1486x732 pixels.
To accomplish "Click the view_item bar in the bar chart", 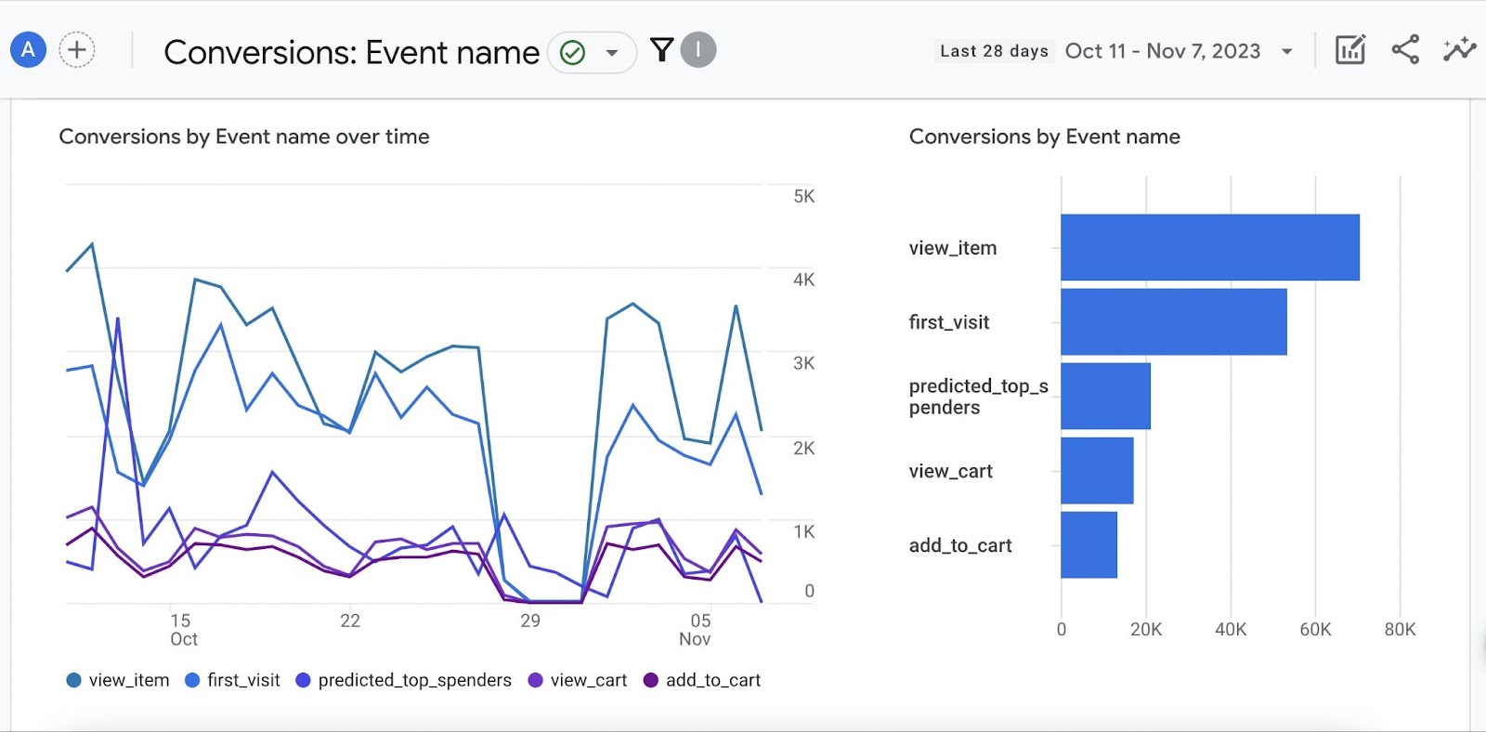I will click(1209, 247).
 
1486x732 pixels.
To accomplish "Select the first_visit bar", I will click(1173, 321).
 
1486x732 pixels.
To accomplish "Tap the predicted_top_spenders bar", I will click(1105, 396).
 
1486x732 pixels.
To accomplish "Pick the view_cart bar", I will click(1097, 470).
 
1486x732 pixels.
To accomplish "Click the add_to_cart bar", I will click(1088, 544).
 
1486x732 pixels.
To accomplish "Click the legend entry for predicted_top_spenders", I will click(404, 680).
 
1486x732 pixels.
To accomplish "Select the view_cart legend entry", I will click(578, 680).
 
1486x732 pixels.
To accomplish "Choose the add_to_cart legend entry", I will click(702, 680).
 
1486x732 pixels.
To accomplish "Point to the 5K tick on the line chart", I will click(803, 196).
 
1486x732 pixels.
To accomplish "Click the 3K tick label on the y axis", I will click(803, 363).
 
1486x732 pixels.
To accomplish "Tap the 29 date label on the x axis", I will click(529, 621).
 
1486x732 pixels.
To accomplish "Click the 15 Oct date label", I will click(182, 629).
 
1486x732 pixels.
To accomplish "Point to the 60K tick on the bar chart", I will click(1315, 629).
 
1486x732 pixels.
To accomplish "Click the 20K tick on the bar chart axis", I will click(1146, 629).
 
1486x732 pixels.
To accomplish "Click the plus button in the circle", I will click(77, 49).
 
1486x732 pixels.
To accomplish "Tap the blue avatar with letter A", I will click(28, 49).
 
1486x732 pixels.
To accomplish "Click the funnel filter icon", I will click(661, 49).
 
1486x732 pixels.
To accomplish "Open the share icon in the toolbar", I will click(1404, 49).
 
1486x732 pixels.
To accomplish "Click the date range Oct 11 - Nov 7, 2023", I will click(1163, 51).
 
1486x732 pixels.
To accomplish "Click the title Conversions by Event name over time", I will click(244, 137).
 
